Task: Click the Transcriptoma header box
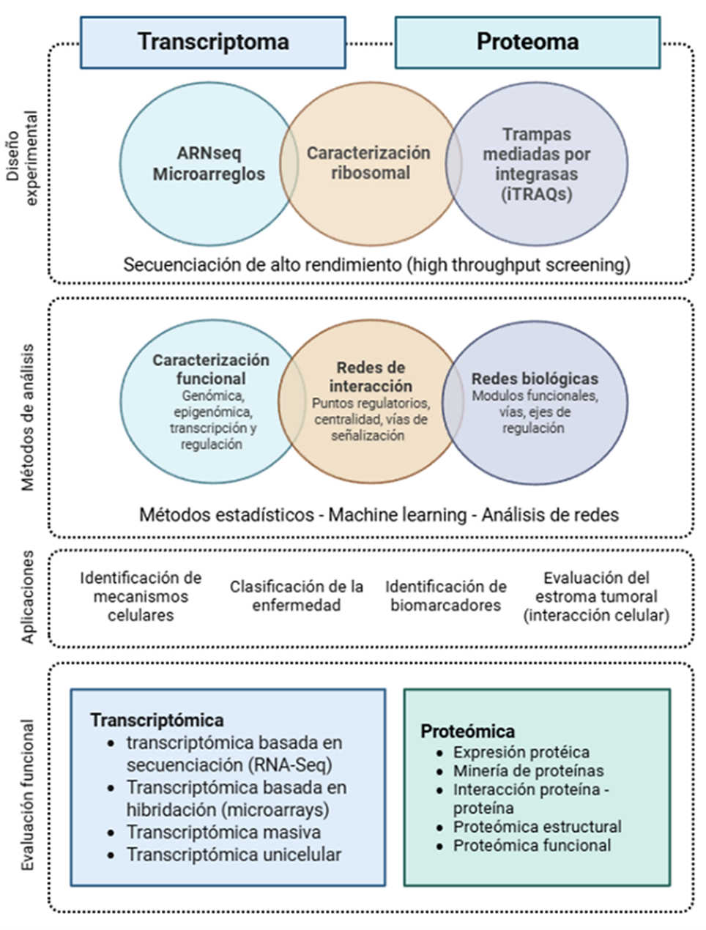tap(212, 42)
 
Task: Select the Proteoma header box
tap(527, 42)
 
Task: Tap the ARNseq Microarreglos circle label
tap(209, 164)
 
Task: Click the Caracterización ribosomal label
tap(368, 163)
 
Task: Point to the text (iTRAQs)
tap(537, 194)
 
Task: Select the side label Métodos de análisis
tap(28, 417)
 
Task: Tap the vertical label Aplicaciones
tap(28, 598)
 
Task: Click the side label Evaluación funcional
tap(28, 795)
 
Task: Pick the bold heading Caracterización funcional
tap(211, 369)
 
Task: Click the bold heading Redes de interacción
tap(370, 376)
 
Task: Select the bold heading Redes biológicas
tap(535, 379)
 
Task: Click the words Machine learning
tap(397, 515)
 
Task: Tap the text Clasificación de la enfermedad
tap(297, 596)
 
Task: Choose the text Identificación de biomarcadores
tap(445, 596)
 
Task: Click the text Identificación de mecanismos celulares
tap(141, 596)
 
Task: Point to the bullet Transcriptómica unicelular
tap(234, 854)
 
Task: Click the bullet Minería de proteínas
tap(528, 770)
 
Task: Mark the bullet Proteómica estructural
tap(537, 827)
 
